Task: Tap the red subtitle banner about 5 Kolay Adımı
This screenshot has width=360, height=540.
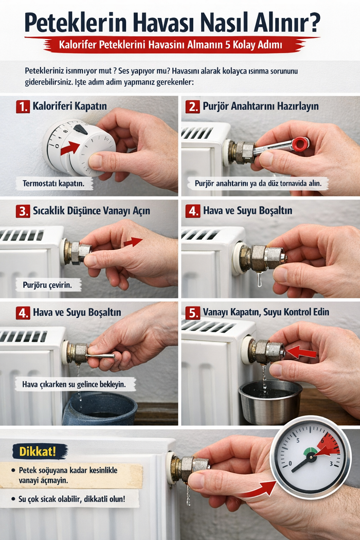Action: [171, 45]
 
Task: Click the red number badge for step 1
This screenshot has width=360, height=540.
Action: [23, 107]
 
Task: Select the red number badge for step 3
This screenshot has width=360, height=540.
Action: [23, 211]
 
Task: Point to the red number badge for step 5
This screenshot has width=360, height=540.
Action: [192, 313]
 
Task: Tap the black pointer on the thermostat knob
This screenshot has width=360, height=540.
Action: [80, 130]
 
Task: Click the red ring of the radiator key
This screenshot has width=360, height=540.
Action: [301, 143]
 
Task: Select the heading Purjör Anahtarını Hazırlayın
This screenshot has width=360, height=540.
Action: [260, 106]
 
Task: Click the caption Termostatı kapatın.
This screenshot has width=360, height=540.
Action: [53, 183]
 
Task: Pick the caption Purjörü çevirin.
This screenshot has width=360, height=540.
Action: [47, 285]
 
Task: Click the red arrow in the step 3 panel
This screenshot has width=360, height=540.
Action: [133, 242]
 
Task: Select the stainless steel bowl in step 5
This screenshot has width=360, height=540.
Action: [271, 402]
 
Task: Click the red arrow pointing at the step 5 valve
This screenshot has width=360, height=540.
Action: [301, 352]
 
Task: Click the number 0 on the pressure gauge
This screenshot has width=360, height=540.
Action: [290, 463]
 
